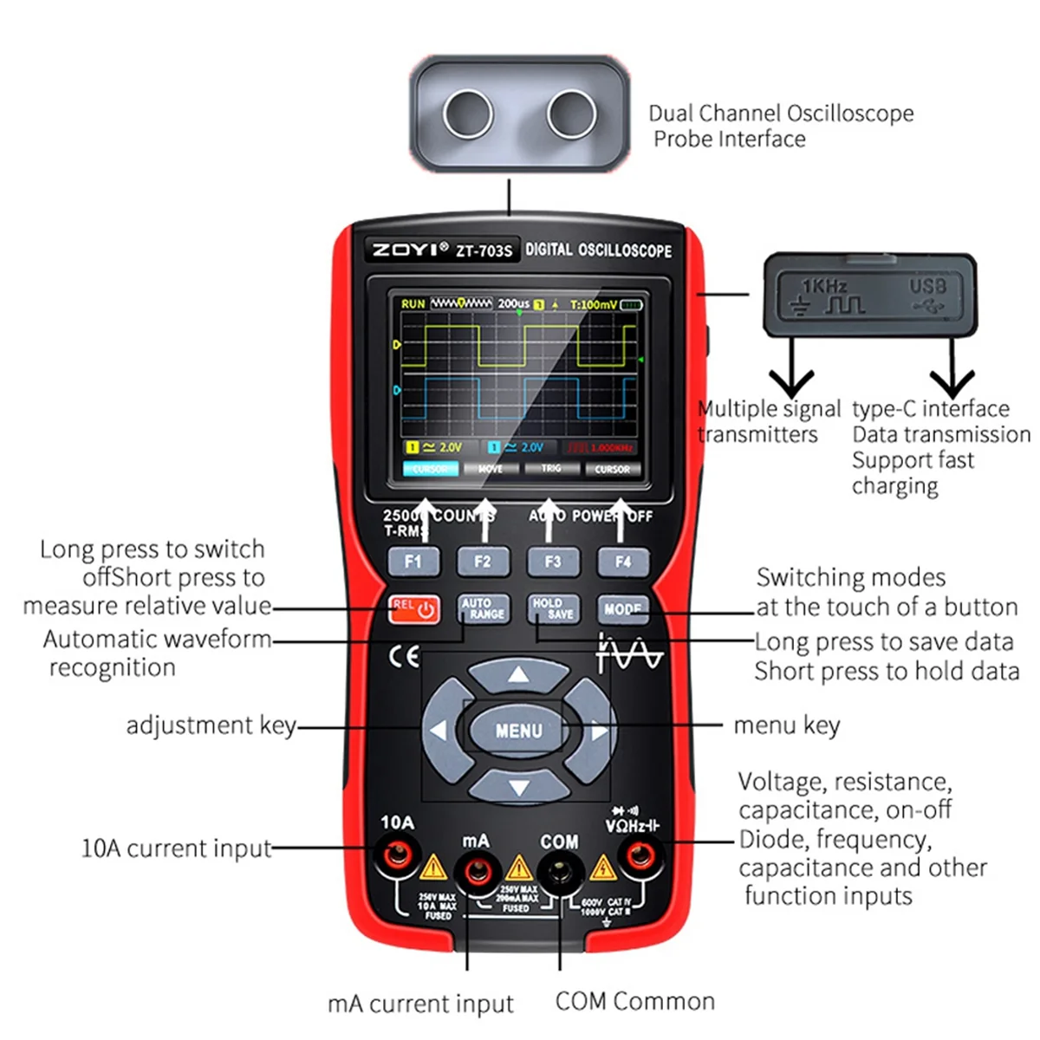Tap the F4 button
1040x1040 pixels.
tap(622, 562)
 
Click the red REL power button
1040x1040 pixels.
tap(414, 608)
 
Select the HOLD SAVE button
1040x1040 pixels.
tap(553, 608)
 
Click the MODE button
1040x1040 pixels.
tap(622, 608)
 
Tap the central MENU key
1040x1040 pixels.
tap(518, 731)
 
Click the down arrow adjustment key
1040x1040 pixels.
tap(518, 787)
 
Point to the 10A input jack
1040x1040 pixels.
tap(397, 856)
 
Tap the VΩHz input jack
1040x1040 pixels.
tap(640, 857)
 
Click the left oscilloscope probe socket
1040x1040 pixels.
tap(468, 113)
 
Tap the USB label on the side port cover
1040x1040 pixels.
tap(927, 286)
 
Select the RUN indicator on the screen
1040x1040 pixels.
tap(413, 304)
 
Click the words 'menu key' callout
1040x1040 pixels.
tap(786, 725)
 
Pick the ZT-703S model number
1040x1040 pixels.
tap(484, 251)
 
